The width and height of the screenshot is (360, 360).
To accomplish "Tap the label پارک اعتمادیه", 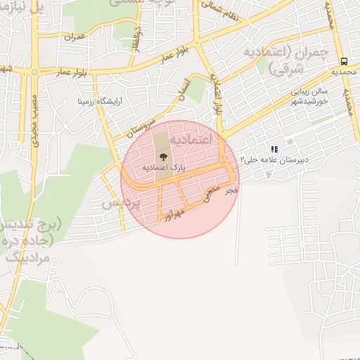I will [x=163, y=169].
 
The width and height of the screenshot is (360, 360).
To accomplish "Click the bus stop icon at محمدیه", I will [x=344, y=61].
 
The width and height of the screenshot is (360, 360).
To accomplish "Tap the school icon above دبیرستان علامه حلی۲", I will [x=274, y=149].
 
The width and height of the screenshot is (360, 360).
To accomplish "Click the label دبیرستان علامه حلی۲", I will [x=276, y=160].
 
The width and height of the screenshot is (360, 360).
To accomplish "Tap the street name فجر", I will [x=233, y=190].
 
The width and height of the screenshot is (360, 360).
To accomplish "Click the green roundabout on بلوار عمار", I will [x=34, y=71].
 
